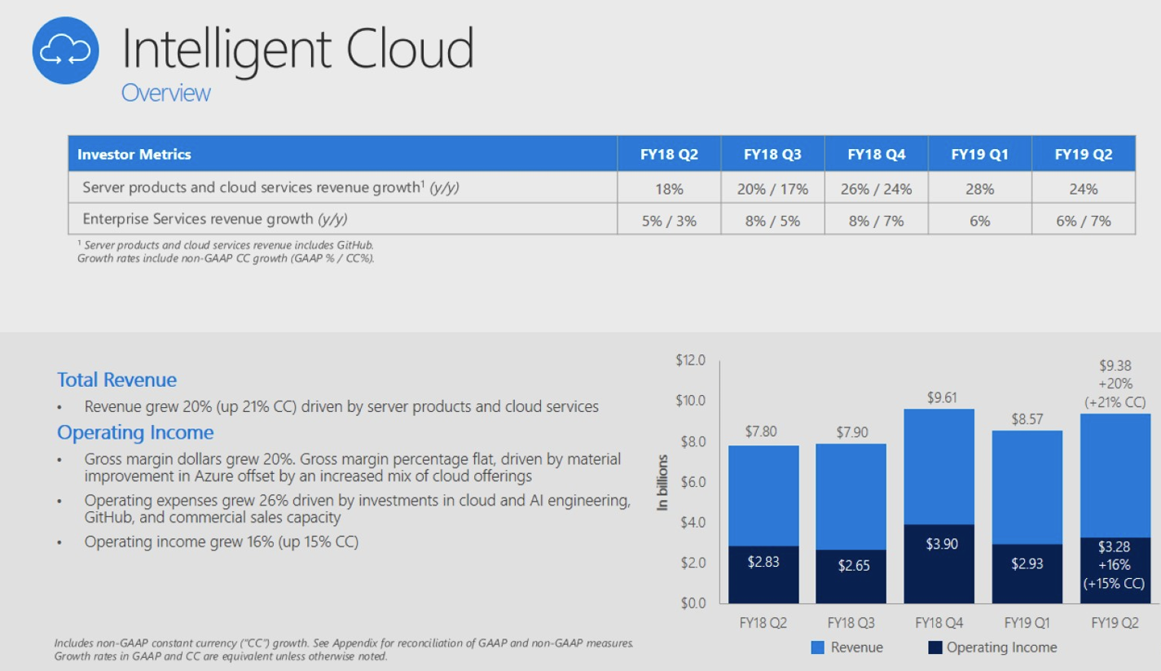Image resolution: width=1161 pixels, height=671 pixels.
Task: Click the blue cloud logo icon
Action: [x=66, y=51]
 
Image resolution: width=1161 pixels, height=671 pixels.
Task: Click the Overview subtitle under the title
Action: [x=165, y=93]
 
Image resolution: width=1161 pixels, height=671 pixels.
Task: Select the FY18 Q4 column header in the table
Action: [x=876, y=154]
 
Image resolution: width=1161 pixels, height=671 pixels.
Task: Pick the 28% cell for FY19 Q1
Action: [x=979, y=189]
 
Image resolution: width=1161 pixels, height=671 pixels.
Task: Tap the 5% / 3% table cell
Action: [x=669, y=220]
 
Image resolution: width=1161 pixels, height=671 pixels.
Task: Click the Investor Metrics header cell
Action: [x=134, y=154]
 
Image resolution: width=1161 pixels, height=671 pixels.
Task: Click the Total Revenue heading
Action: [x=117, y=379]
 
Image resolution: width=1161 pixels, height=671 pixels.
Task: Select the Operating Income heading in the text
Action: [x=135, y=432]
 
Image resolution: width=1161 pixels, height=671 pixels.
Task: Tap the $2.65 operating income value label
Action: [x=854, y=565]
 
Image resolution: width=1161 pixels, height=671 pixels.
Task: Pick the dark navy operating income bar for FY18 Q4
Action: [x=939, y=570]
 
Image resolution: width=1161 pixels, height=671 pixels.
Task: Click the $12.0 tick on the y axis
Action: [x=690, y=360]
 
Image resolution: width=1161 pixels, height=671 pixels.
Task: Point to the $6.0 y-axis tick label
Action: [x=693, y=481]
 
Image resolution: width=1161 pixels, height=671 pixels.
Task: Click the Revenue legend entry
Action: [x=847, y=648]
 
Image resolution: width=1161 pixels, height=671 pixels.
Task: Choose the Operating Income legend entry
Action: [x=992, y=648]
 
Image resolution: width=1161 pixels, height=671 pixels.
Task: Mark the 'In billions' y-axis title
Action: [x=663, y=482]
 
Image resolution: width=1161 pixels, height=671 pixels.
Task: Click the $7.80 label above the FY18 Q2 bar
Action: [x=761, y=432]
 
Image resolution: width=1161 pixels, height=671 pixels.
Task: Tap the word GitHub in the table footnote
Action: [x=359, y=244]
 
